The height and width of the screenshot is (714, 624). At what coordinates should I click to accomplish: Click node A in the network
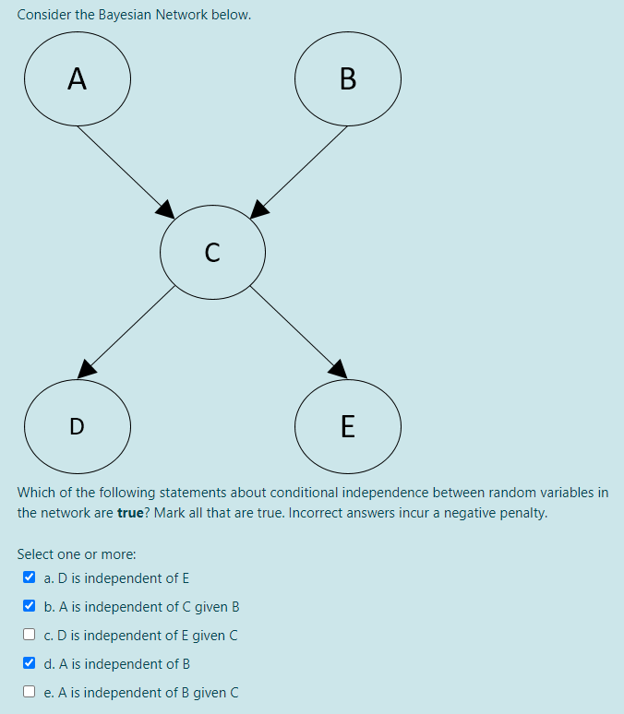(x=78, y=80)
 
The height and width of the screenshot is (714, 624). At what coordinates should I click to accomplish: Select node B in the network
(x=347, y=80)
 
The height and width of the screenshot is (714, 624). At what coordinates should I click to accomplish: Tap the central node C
(x=212, y=251)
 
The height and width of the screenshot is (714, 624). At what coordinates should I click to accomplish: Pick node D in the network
(x=78, y=425)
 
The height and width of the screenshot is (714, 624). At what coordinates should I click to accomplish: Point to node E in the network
(x=347, y=425)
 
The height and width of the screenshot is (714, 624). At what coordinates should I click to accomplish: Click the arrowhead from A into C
(x=166, y=209)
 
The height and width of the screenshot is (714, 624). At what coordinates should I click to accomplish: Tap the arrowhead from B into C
(x=259, y=209)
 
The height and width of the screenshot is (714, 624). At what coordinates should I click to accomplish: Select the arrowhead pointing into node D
(x=86, y=368)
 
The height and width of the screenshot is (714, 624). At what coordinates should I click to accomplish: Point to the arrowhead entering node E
(x=339, y=368)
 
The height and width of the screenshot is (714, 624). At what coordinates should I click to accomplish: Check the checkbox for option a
(x=30, y=578)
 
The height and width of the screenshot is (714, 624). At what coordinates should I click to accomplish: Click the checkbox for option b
(x=30, y=607)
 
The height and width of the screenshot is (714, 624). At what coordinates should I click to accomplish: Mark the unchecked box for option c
(x=30, y=635)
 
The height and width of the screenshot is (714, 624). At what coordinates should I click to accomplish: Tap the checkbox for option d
(x=30, y=663)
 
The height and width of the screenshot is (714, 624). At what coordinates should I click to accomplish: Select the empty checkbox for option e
(x=30, y=692)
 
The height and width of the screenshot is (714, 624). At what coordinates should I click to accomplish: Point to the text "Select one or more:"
(x=77, y=554)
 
